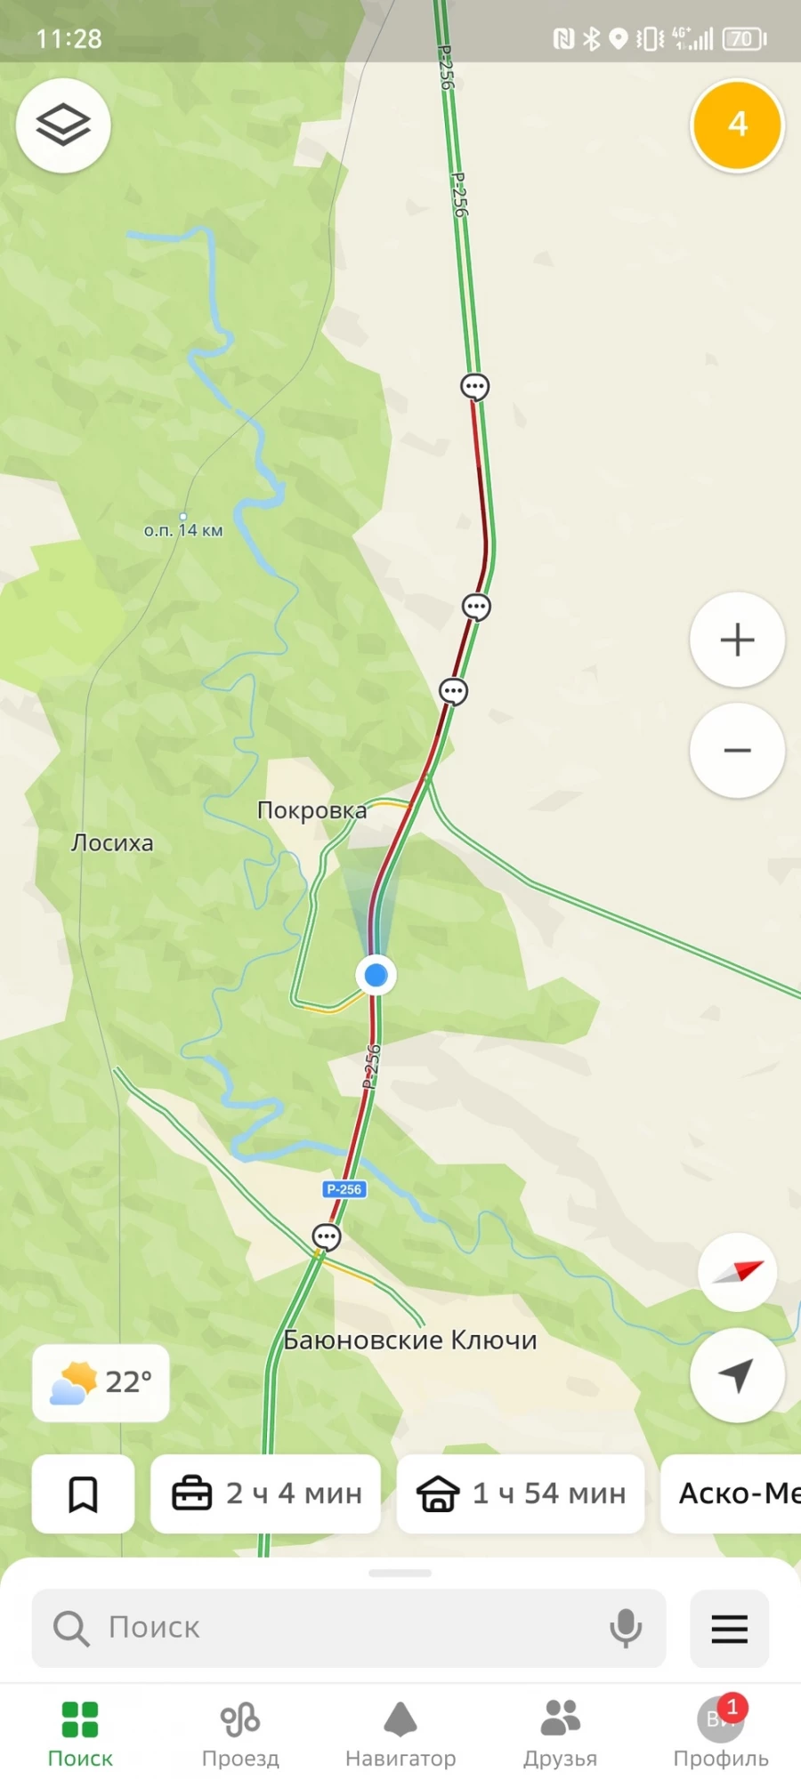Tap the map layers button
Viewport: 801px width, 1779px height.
tap(63, 125)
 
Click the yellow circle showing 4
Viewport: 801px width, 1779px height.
tap(737, 125)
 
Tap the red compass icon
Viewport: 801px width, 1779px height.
tap(738, 1272)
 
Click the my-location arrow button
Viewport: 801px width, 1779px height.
tap(737, 1375)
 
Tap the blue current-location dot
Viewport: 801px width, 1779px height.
tap(376, 975)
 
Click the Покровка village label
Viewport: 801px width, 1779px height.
tap(311, 810)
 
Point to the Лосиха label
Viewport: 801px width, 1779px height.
tap(112, 842)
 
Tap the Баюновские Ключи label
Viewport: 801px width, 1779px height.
tap(410, 1340)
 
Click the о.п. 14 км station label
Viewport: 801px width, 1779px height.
tap(183, 530)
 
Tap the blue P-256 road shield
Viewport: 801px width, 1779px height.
tap(344, 1189)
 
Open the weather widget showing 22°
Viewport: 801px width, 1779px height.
tap(101, 1382)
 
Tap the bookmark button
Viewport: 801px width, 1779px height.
tap(83, 1493)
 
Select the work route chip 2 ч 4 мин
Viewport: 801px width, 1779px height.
tap(266, 1493)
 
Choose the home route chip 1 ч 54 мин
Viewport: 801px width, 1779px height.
tap(521, 1493)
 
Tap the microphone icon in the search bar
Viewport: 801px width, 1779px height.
tap(626, 1628)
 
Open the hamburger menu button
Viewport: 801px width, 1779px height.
tap(729, 1628)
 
